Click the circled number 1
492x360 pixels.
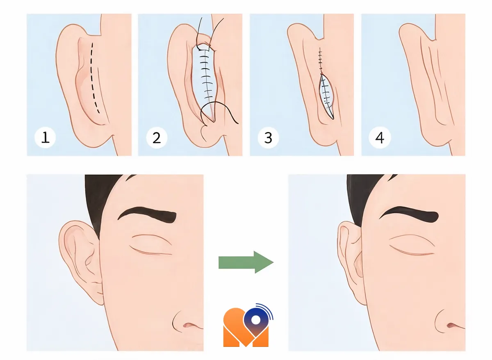tap(45, 137)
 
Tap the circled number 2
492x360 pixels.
tap(157, 138)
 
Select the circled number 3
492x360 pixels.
tap(268, 138)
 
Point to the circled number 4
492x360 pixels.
tap(380, 138)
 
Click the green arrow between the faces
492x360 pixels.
tap(246, 262)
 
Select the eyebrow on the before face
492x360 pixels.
tap(147, 216)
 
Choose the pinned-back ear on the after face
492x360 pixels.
tap(350, 261)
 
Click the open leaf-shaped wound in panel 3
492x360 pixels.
tap(327, 96)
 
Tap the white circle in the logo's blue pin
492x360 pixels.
tap(255, 320)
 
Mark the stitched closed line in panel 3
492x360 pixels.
tap(321, 61)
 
